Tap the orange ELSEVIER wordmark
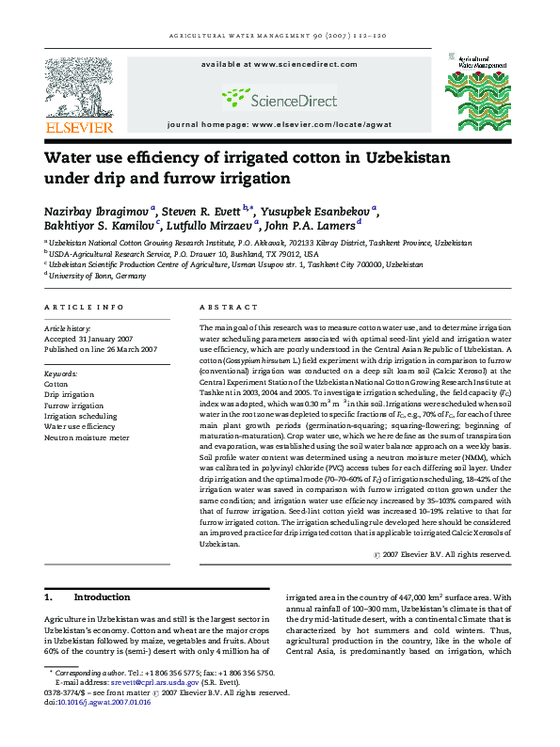click(x=78, y=127)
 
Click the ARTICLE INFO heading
click(x=84, y=308)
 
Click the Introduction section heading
click(x=102, y=597)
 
